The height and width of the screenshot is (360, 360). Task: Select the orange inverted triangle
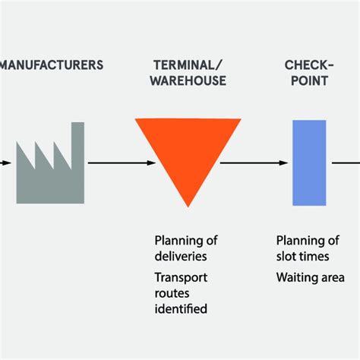point(188,152)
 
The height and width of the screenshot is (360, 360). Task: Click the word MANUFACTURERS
point(52,65)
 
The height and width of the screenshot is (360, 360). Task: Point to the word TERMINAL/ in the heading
point(188,65)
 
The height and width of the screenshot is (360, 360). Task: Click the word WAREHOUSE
point(188,81)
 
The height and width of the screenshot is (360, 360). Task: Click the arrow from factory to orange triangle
point(110,163)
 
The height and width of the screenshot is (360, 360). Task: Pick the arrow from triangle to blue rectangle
point(254,163)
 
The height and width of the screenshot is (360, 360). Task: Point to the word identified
point(181,308)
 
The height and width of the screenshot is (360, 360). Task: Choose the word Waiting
point(297,277)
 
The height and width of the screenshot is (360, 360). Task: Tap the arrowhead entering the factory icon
point(7,163)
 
